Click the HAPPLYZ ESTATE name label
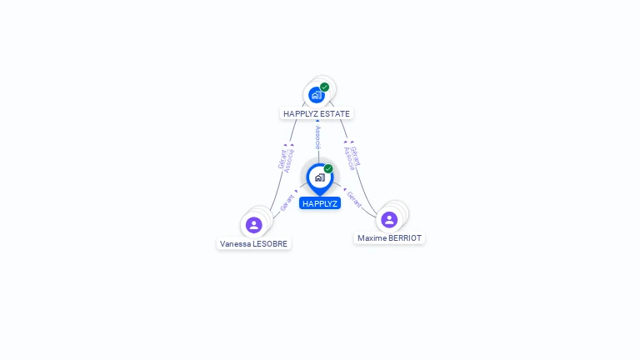coord(317,114)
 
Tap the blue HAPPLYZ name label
coord(320,203)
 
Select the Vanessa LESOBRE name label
coord(253,243)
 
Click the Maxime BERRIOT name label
coord(389,238)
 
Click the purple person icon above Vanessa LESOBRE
coord(253,225)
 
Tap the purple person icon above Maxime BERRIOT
coord(389,220)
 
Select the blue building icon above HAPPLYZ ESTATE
coord(317,95)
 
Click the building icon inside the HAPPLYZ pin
coord(320,177)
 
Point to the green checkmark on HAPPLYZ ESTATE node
coord(324,87)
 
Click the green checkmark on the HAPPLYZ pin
coord(328,168)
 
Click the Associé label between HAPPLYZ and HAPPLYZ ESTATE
coord(318,137)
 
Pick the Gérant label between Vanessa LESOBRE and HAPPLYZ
coord(287,202)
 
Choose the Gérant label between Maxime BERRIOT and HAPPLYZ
coord(354,199)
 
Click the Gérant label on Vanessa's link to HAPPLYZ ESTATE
coord(282,159)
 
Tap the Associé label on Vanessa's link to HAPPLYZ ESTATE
coord(289,161)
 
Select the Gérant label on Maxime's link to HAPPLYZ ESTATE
coord(356,157)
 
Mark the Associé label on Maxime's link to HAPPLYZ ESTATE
coord(349,159)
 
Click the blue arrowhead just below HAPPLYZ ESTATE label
coord(317,121)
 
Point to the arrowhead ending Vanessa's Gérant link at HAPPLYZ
coord(296,191)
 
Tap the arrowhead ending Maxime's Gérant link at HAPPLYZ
coord(345,189)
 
